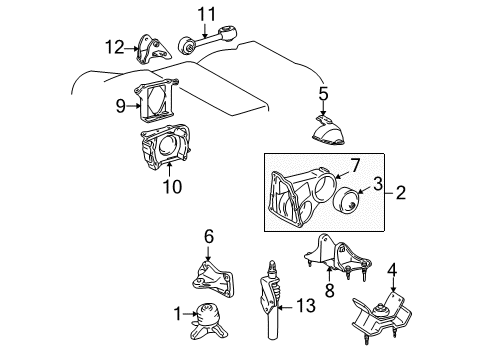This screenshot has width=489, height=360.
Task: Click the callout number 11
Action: pyautogui.click(x=206, y=13)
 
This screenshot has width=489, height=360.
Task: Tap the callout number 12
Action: pyautogui.click(x=116, y=46)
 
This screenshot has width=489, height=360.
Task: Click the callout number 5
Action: pyautogui.click(x=323, y=95)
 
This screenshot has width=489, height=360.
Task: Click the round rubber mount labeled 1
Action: pyautogui.click(x=211, y=317)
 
